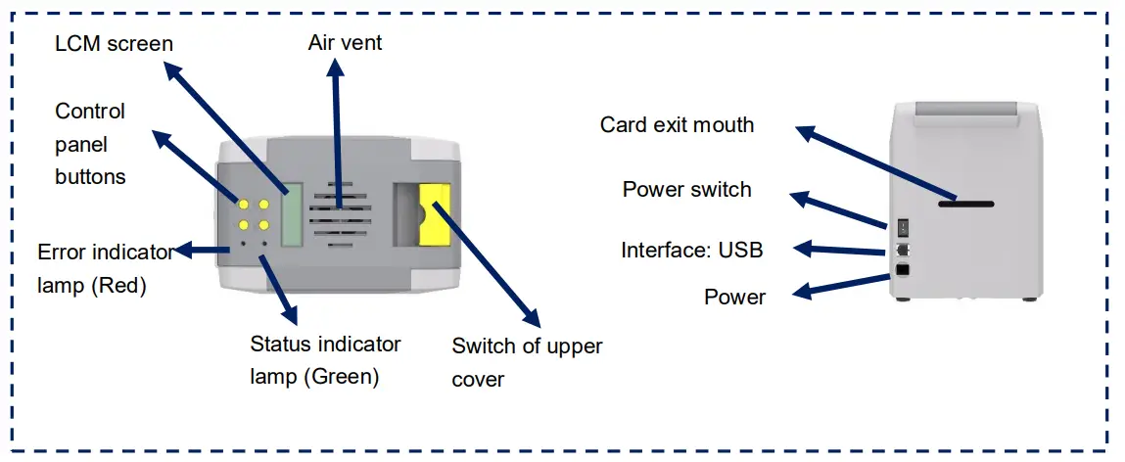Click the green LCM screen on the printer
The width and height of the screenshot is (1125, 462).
coord(291,214)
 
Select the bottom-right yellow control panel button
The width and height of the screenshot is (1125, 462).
coord(263,224)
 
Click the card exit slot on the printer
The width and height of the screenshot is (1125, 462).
coord(965,204)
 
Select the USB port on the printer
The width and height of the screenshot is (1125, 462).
coord(902,249)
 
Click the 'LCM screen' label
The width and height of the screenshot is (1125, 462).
coord(116,43)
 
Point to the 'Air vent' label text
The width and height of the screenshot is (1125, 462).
coord(345,43)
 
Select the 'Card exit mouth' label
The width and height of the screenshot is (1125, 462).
coord(677,124)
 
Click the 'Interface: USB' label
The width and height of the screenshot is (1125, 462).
coord(691,250)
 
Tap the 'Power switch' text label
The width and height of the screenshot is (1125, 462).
coord(686,189)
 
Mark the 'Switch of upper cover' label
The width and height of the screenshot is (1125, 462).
coord(527,362)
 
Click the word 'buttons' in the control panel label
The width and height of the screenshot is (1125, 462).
coord(90,176)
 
